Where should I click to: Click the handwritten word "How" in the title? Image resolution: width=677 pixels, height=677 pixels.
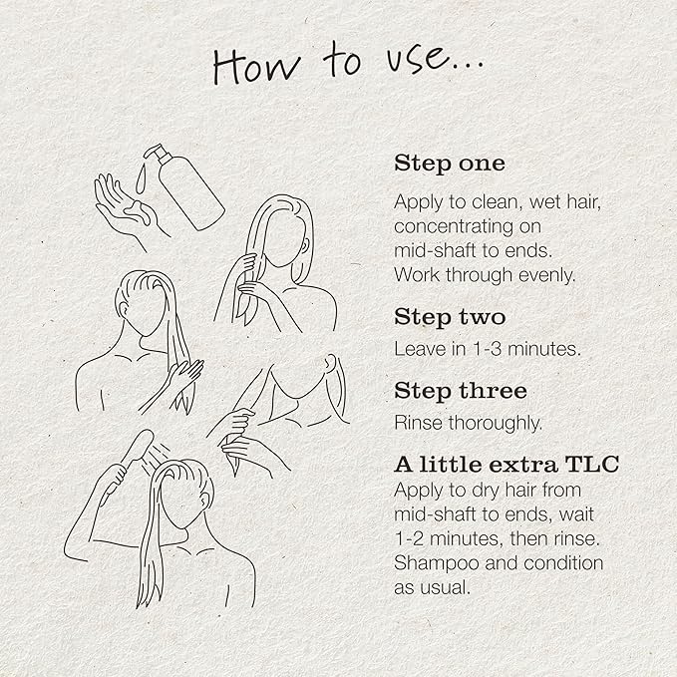click(x=256, y=66)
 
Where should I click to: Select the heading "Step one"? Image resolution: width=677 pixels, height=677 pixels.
click(x=450, y=164)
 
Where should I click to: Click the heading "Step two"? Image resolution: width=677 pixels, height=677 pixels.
click(x=450, y=317)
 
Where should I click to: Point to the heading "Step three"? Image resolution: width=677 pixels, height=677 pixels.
click(x=461, y=391)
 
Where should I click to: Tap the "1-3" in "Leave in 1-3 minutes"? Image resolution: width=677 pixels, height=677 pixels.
click(x=487, y=349)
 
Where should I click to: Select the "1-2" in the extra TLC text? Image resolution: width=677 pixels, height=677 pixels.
click(x=410, y=538)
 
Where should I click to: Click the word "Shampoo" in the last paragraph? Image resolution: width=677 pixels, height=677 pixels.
click(x=437, y=564)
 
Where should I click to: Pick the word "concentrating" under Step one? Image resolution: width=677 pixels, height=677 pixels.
click(x=453, y=226)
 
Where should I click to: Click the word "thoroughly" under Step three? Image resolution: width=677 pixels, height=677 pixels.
click(x=496, y=423)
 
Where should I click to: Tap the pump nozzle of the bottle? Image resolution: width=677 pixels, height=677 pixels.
click(x=152, y=151)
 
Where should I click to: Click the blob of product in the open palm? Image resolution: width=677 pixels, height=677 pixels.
click(x=139, y=211)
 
